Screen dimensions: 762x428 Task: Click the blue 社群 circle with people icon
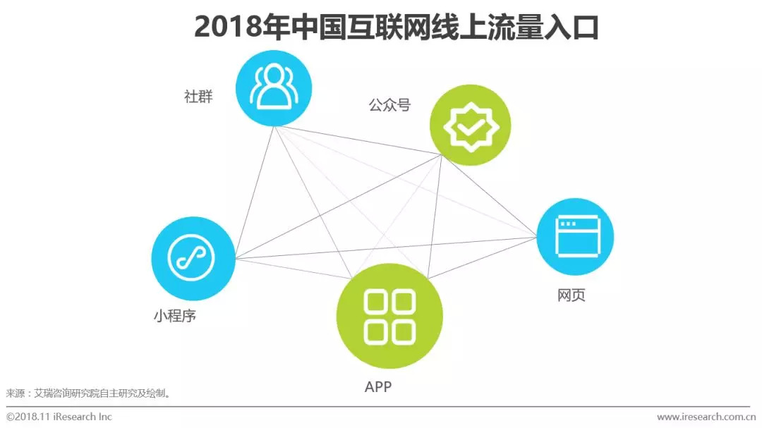pyautogui.click(x=273, y=87)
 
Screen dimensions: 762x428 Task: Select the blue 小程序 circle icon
pyautogui.click(x=193, y=258)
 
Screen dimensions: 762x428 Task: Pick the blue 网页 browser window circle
pyautogui.click(x=575, y=236)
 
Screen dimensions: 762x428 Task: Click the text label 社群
pyautogui.click(x=198, y=97)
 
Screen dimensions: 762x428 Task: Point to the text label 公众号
pyautogui.click(x=389, y=106)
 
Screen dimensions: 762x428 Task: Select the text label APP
pyautogui.click(x=378, y=386)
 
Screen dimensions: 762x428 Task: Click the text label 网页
pyautogui.click(x=571, y=295)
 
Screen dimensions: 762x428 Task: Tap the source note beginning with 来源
pyautogui.click(x=89, y=393)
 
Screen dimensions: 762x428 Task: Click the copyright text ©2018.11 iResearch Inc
pyautogui.click(x=60, y=417)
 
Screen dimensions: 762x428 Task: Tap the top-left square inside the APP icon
pyautogui.click(x=377, y=305)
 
